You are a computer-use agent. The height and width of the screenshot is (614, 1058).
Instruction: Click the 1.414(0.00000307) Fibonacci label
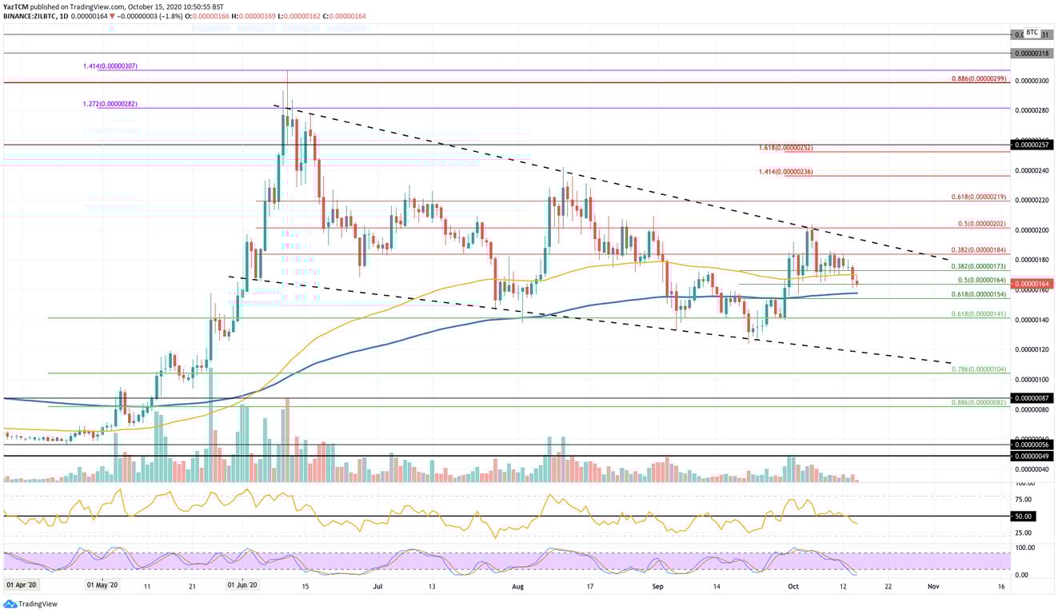click(110, 66)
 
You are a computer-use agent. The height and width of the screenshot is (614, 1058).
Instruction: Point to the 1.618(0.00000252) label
click(787, 148)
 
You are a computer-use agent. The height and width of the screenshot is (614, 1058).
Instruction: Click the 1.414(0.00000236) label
click(787, 171)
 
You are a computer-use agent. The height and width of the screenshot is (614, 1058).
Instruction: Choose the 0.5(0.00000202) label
click(982, 224)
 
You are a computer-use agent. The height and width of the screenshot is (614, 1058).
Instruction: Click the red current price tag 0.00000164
click(1032, 284)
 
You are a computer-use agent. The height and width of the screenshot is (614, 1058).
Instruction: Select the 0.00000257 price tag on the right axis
click(1032, 145)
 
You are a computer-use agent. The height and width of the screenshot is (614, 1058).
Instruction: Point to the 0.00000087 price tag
click(1032, 397)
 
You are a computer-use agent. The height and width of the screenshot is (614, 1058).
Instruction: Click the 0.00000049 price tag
click(1032, 456)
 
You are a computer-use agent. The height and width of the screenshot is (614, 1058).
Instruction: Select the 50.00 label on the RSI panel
click(1023, 516)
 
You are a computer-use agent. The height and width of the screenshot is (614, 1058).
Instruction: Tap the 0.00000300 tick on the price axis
click(1032, 81)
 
